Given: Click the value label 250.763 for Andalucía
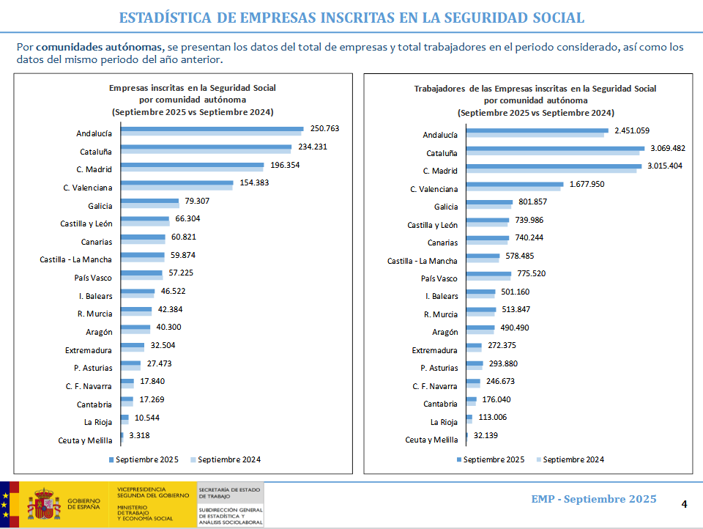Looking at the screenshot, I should [324, 128].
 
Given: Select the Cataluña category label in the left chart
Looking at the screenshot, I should [96, 152].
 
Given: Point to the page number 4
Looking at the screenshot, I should [684, 504].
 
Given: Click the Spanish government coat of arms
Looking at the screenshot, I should [44, 505].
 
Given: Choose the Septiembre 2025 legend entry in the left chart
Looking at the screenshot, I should [147, 460].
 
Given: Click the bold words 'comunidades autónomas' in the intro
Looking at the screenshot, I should [100, 47].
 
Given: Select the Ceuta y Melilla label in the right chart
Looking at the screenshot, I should [431, 440].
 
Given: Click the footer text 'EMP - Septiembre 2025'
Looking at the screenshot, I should [593, 500].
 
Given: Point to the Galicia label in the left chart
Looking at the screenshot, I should [99, 206].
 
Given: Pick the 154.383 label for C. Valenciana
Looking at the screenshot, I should [253, 182].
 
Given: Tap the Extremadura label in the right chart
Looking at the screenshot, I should [435, 350].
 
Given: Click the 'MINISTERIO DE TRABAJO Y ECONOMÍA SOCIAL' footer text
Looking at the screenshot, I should [144, 512].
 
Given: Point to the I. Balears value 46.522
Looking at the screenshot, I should [173, 292].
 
